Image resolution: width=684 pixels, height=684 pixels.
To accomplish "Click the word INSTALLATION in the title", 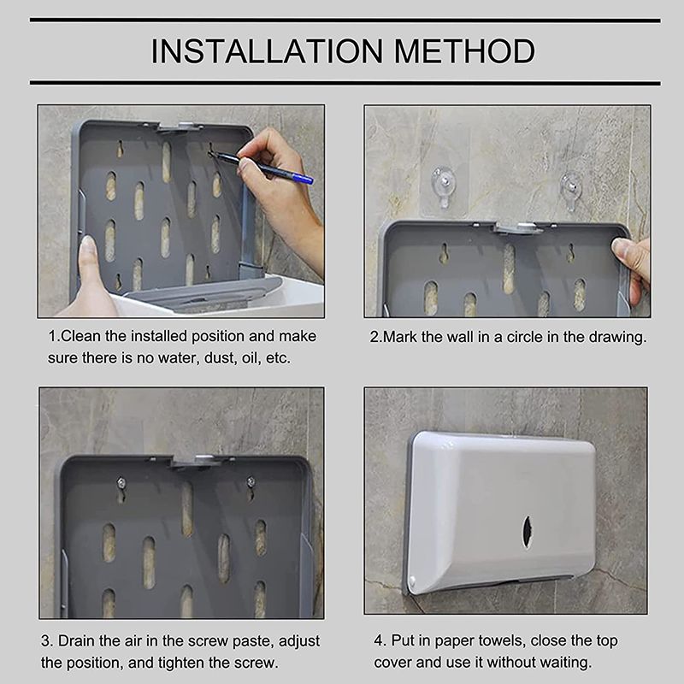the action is click(x=267, y=51).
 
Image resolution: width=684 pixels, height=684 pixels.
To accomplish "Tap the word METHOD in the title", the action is click(x=465, y=51).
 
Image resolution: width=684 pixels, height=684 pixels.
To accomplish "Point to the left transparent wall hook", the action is click(x=442, y=186).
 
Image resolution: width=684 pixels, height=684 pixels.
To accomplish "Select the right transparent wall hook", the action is click(x=570, y=190).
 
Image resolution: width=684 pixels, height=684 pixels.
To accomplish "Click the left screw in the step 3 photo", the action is click(x=121, y=483).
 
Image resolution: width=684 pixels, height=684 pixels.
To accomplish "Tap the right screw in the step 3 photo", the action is click(x=251, y=481).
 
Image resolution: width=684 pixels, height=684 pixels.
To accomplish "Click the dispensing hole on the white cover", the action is click(x=527, y=532).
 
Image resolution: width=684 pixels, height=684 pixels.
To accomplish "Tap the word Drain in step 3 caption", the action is click(x=77, y=640).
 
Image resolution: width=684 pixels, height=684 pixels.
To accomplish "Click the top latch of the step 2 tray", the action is click(x=519, y=227).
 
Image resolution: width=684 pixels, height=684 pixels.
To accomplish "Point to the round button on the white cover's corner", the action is click(x=412, y=581).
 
